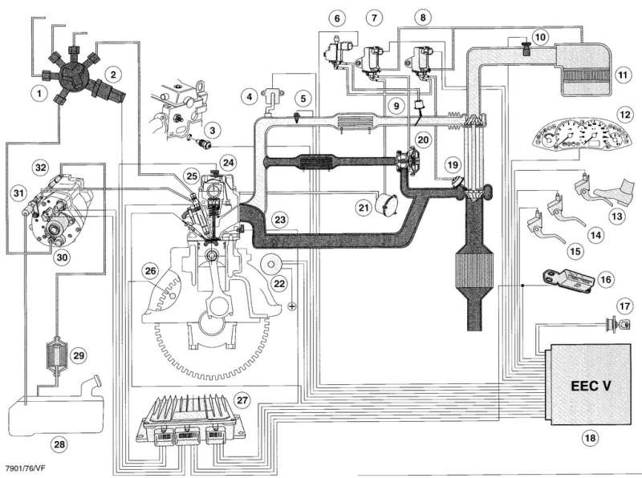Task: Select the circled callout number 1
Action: coord(37,92)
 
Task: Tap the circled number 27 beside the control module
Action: coord(242,399)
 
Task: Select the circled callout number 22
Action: coord(279,283)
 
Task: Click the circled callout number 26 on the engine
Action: coord(150,271)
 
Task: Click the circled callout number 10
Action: coord(540,36)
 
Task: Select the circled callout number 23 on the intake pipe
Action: coord(279,217)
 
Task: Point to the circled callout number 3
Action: coord(212,129)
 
